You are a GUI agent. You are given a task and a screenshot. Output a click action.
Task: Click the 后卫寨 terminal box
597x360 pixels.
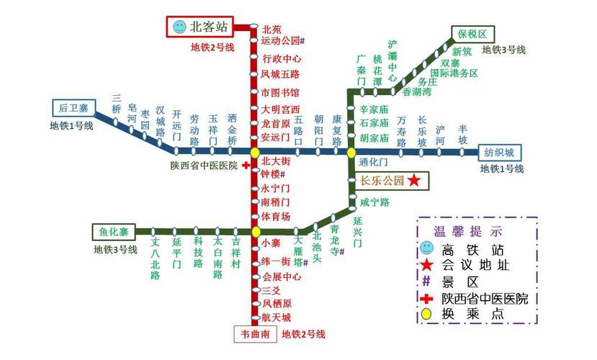pos(73,108)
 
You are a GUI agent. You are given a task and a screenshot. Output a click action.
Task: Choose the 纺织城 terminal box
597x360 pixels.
pos(498,153)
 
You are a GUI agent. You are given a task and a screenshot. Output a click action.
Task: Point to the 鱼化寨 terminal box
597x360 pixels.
pos(113,232)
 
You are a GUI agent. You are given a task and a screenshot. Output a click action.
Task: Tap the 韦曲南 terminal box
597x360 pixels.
pos(255,334)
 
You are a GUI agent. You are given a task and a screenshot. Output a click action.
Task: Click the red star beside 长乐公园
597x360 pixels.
pos(413,181)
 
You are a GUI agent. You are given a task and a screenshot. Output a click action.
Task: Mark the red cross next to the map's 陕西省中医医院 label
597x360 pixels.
pos(246,166)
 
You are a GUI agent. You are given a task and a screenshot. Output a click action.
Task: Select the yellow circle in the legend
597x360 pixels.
pos(428,315)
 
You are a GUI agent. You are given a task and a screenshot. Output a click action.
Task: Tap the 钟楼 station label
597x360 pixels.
pos(272,174)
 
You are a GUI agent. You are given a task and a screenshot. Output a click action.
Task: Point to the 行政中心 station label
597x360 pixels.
pos(282,58)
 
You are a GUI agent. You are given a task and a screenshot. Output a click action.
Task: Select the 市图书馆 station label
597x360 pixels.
pos(280,93)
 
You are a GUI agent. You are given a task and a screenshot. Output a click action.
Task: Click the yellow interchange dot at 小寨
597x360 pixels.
pos(255,232)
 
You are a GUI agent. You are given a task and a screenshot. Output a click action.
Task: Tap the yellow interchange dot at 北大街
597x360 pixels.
pos(255,153)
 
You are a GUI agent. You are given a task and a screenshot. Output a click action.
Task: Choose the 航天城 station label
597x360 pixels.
pos(276,318)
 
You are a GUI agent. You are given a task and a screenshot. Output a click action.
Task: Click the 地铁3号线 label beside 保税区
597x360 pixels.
pos(503,50)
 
